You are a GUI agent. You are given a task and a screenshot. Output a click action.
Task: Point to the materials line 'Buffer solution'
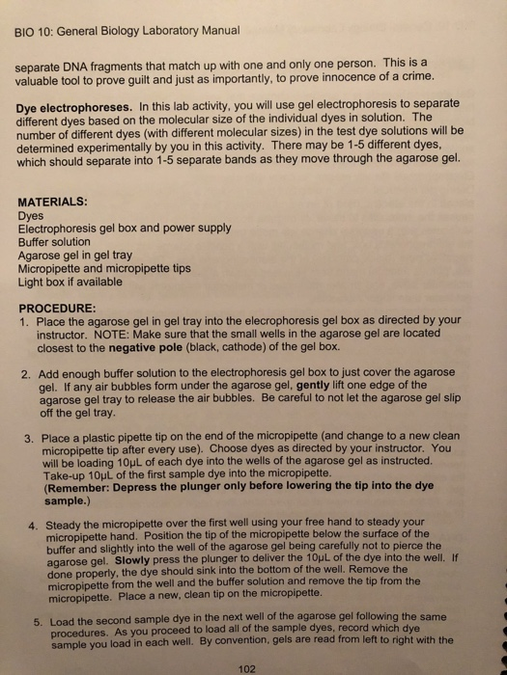pyautogui.click(x=57, y=242)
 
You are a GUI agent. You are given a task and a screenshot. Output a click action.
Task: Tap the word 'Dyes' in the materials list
pyautogui.click(x=32, y=217)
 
